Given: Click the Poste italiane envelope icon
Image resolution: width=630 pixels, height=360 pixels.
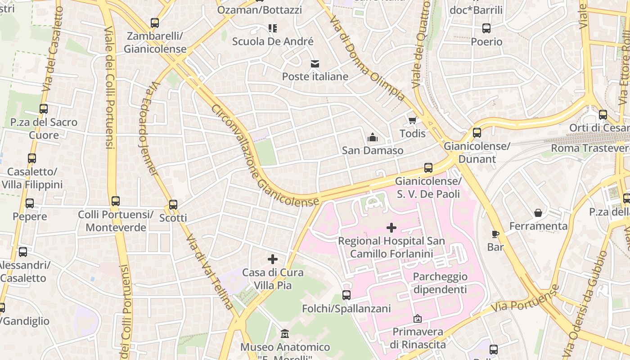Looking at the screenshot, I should tap(314, 64).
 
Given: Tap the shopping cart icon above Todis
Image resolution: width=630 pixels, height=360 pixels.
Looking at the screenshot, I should tap(412, 121).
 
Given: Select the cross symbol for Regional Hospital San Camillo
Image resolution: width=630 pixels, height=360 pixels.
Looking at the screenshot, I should tap(391, 228).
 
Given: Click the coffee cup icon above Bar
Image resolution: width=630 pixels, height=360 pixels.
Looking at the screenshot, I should tap(495, 234).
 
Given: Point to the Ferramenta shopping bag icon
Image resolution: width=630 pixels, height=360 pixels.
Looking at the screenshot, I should tap(538, 213).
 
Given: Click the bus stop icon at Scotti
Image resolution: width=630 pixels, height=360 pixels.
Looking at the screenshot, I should tap(173, 205).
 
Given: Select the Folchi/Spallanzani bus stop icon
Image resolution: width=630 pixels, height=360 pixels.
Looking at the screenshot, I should tap(346, 295).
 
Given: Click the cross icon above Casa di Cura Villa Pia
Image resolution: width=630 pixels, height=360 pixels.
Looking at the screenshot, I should tap(272, 259).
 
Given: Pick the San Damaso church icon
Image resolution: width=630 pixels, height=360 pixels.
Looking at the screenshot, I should tap(373, 137).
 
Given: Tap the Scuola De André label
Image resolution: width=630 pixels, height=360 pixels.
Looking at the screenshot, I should tap(273, 41).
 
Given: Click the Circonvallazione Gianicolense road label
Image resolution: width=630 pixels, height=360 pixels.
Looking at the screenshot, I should tap(265, 156).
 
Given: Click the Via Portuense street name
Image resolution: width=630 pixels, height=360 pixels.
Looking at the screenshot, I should tap(525, 299).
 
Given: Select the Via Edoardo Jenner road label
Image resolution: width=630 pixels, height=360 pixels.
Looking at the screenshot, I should tap(148, 129).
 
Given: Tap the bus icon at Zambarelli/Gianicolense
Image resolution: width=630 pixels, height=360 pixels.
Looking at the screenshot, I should tap(155, 23).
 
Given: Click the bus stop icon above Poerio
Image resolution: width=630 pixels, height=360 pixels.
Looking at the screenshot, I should tap(486, 28).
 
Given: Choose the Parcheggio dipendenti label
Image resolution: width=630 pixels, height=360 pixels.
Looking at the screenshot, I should tap(440, 283).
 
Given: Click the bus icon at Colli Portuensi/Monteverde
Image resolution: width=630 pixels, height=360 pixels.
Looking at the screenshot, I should tap(116, 201).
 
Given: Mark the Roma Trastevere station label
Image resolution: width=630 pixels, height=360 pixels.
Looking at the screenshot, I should tap(590, 148).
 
